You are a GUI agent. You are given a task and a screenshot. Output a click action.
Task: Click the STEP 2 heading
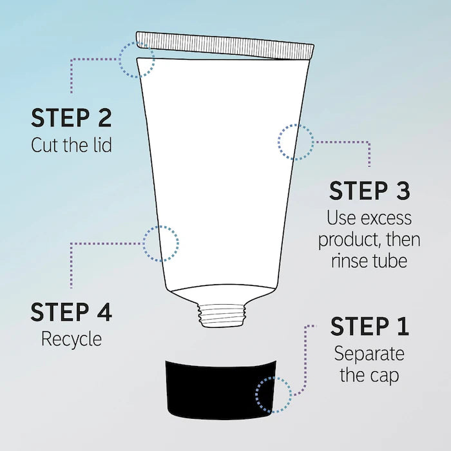[71, 119]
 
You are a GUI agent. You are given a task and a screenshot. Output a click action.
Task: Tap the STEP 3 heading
[369, 191]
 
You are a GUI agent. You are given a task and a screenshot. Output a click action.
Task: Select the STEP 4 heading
[71, 312]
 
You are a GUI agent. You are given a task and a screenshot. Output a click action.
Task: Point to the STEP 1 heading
[369, 327]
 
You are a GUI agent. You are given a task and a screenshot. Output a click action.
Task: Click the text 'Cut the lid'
[71, 145]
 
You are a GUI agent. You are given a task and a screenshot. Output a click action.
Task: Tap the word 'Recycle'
[72, 338]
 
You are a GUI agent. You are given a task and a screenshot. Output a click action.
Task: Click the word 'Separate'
[369, 353]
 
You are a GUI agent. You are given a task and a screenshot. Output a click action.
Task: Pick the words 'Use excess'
[369, 218]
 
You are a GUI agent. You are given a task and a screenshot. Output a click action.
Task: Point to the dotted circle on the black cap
[273, 394]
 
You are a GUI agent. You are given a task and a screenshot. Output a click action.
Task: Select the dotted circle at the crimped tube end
[137, 59]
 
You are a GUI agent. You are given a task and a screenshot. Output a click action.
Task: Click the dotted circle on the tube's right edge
[296, 141]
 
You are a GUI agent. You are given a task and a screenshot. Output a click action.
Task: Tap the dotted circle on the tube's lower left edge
[160, 243]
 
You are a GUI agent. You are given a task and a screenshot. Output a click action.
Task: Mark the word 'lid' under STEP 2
[100, 145]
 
